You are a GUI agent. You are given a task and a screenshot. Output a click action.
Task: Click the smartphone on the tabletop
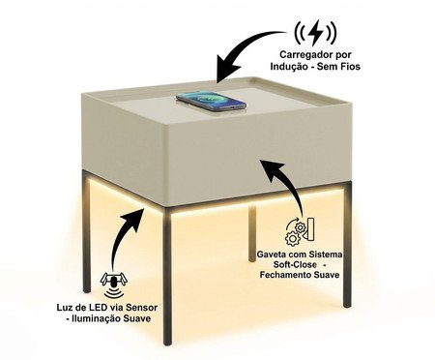[x=211, y=98]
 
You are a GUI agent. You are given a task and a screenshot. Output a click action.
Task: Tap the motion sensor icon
[x=113, y=283]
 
